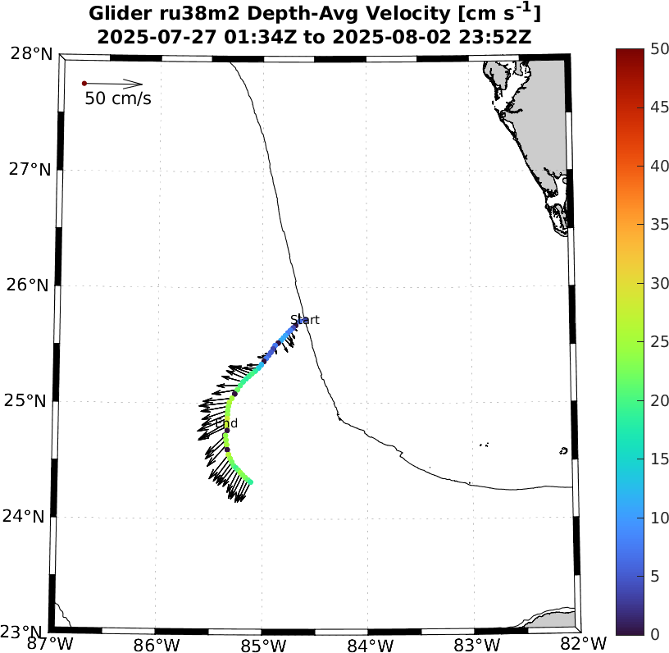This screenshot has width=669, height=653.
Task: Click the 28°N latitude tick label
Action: pos(30,54)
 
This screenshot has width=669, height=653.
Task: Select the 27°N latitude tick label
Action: pos(30,170)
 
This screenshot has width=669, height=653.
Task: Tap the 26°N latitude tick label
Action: pos(30,285)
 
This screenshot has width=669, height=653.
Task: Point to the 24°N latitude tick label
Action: pos(30,517)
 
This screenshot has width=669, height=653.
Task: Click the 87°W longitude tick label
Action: pos(49,642)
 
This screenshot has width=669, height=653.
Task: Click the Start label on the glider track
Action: pos(305,320)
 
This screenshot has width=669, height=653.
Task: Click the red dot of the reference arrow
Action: pos(84,84)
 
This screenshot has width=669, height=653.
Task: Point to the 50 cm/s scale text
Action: pos(118,99)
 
